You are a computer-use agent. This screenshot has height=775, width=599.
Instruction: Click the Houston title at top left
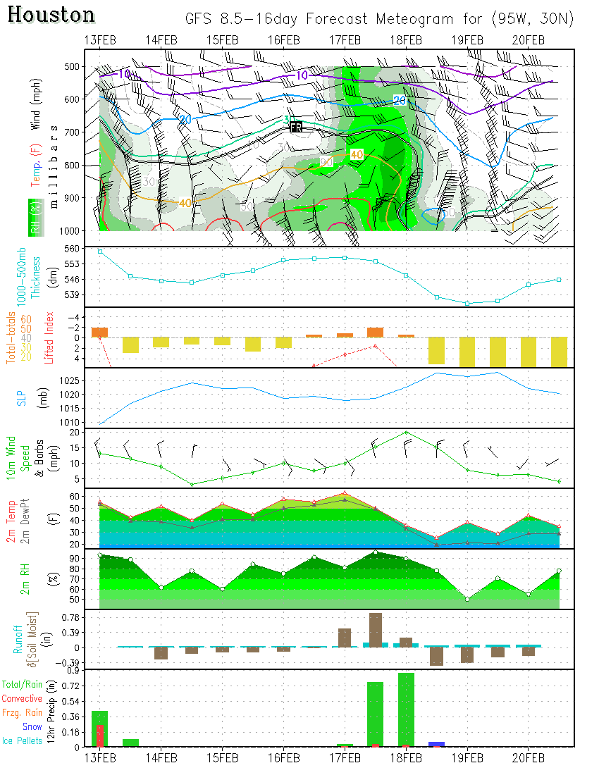[52, 15]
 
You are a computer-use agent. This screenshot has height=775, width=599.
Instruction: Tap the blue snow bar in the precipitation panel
[436, 744]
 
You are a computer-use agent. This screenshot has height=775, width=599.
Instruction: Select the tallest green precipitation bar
[406, 709]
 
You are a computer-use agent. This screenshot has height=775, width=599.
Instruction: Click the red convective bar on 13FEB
[100, 736]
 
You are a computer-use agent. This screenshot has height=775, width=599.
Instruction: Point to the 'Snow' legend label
[32, 726]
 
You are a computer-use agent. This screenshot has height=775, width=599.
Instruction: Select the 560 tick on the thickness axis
[72, 249]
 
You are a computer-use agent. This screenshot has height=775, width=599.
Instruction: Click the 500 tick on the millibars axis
[72, 67]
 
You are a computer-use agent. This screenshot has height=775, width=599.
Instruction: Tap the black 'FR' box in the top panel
[296, 127]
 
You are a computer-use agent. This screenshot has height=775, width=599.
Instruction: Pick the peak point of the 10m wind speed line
[406, 433]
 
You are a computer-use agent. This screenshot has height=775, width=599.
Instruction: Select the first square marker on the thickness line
[100, 252]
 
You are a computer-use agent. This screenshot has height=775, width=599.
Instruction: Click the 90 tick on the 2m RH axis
[72, 558]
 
